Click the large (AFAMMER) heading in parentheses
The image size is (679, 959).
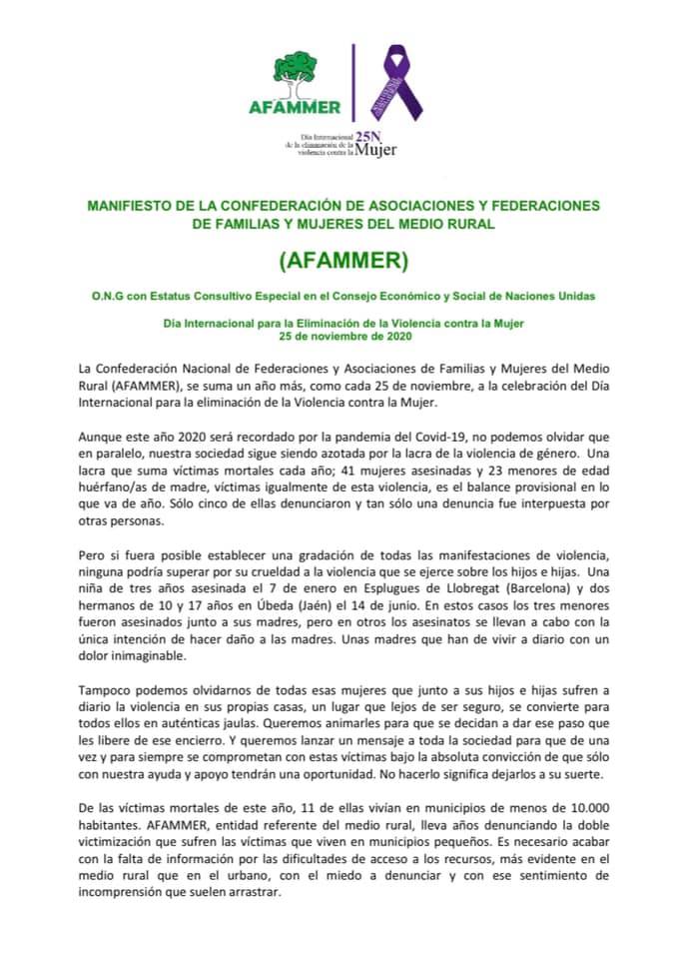339,261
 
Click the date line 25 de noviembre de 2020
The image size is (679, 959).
339,336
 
